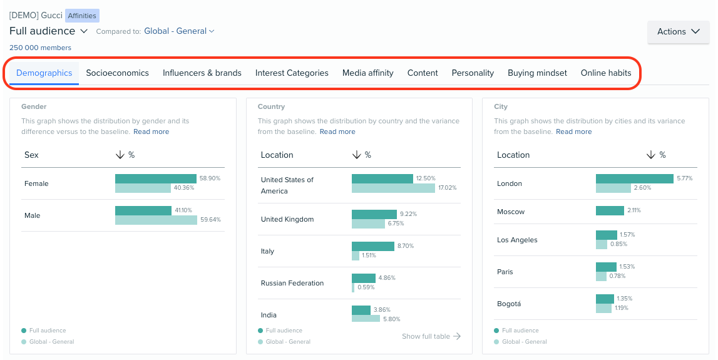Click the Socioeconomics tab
click(x=117, y=73)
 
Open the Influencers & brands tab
click(x=202, y=73)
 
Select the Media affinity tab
click(x=367, y=73)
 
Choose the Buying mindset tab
click(x=537, y=73)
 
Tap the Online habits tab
click(x=605, y=73)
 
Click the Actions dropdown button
click(x=678, y=32)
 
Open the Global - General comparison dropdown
click(x=179, y=31)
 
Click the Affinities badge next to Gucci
click(x=82, y=16)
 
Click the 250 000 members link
click(x=40, y=48)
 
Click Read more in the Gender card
click(x=151, y=131)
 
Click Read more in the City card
click(x=573, y=131)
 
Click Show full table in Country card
click(x=431, y=336)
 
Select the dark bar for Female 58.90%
click(x=155, y=178)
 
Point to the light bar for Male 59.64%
click(x=156, y=220)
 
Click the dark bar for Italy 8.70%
click(x=372, y=246)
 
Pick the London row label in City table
click(x=509, y=183)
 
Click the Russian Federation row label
click(x=292, y=283)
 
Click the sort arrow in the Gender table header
click(x=119, y=155)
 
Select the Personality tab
click(x=473, y=73)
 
